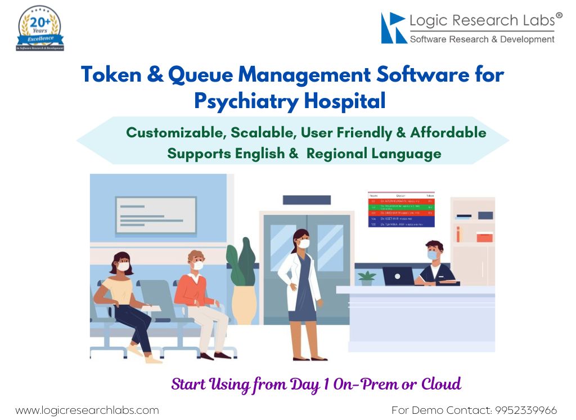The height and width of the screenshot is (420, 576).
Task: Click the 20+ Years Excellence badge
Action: click(x=40, y=28)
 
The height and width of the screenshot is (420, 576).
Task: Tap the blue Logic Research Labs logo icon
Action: click(x=394, y=28)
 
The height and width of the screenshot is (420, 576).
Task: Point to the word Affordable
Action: click(x=448, y=133)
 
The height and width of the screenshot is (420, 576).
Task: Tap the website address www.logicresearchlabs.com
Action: click(x=87, y=410)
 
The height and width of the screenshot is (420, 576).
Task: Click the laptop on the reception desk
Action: click(x=398, y=276)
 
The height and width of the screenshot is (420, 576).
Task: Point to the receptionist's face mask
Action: click(x=432, y=255)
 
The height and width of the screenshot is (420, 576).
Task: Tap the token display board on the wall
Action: click(x=401, y=209)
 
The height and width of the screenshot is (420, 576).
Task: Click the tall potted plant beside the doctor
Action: click(x=242, y=282)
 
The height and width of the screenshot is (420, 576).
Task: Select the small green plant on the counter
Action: click(x=367, y=278)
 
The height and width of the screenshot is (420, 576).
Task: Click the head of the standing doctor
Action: click(x=301, y=239)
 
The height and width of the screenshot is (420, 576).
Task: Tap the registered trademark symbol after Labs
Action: click(x=559, y=16)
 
